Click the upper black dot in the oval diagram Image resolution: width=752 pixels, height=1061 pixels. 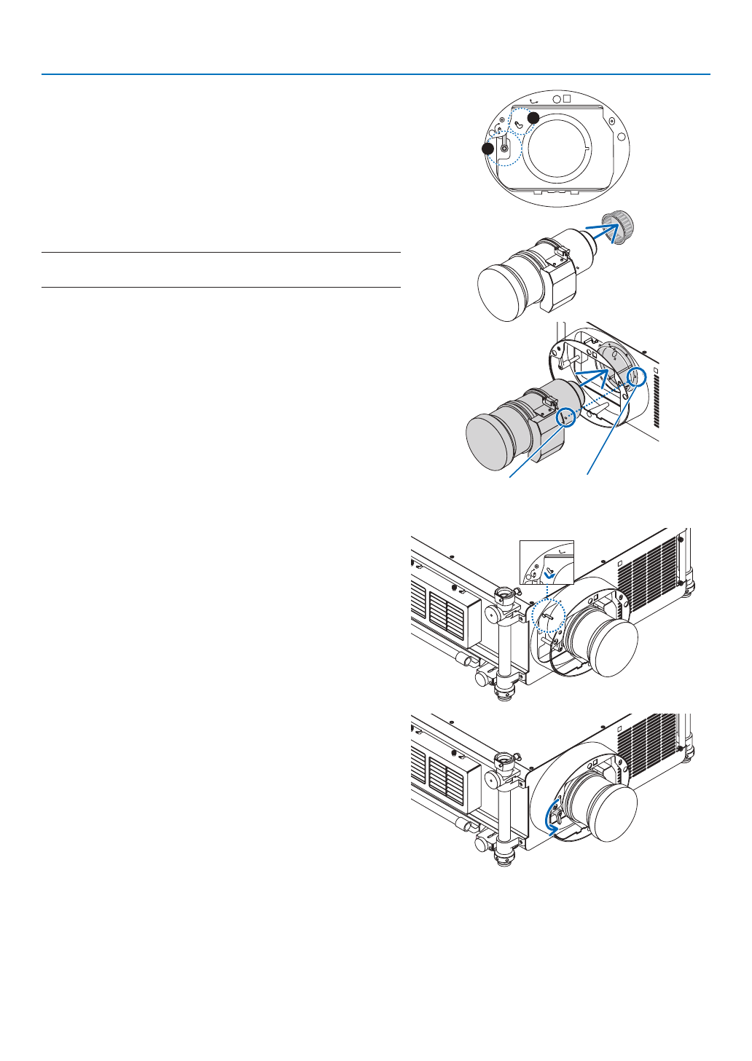[x=533, y=117]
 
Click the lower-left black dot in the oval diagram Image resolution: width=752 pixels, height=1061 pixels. [x=487, y=149]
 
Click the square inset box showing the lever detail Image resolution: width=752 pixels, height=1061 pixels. [x=547, y=561]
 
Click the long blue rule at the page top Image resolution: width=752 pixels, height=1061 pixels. [x=375, y=74]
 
